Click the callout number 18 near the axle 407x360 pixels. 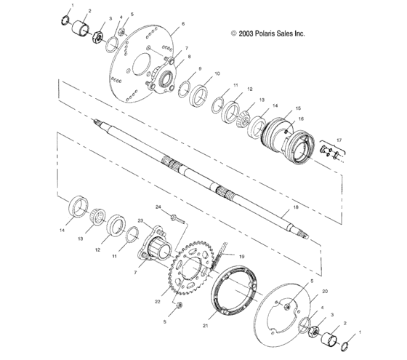click(x=295, y=207)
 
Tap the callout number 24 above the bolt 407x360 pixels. click(x=157, y=207)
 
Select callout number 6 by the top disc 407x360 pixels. click(x=183, y=24)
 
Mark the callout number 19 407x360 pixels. click(x=242, y=257)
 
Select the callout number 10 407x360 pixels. click(x=217, y=74)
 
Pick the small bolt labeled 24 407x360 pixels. click(x=175, y=217)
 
